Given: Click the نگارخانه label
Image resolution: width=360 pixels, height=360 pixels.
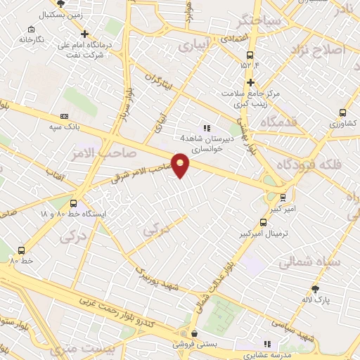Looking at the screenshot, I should (32, 39).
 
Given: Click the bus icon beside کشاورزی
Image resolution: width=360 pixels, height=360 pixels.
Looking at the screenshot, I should (342, 112).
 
